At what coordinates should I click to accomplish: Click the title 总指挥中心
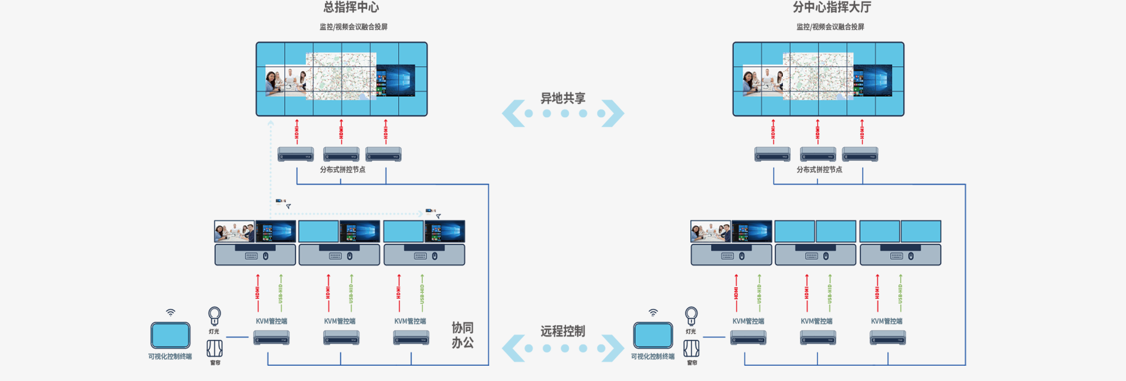point(351,8)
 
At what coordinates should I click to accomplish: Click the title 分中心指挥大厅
point(832,8)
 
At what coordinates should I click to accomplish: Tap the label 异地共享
point(562,98)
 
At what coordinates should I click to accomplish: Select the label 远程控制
point(562,331)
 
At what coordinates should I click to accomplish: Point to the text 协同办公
point(462,335)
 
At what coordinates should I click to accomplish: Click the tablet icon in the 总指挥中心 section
point(170,335)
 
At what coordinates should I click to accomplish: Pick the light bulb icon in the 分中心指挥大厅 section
point(691,315)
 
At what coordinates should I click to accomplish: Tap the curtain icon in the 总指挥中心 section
point(215,349)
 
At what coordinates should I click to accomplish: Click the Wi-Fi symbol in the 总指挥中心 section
point(170,312)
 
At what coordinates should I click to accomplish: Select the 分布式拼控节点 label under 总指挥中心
point(342,169)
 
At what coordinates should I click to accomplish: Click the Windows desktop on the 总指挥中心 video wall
point(396,80)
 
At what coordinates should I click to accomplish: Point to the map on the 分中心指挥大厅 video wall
point(818,76)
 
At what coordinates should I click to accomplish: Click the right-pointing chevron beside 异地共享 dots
point(613,113)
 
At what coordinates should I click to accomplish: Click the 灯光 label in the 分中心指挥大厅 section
point(691,332)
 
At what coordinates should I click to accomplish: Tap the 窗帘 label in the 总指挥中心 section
point(215,363)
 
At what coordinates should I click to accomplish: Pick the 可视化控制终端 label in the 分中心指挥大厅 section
point(653,356)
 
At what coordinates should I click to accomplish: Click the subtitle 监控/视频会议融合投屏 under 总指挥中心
point(353,27)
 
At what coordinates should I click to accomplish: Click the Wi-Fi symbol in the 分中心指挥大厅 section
point(653,312)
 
